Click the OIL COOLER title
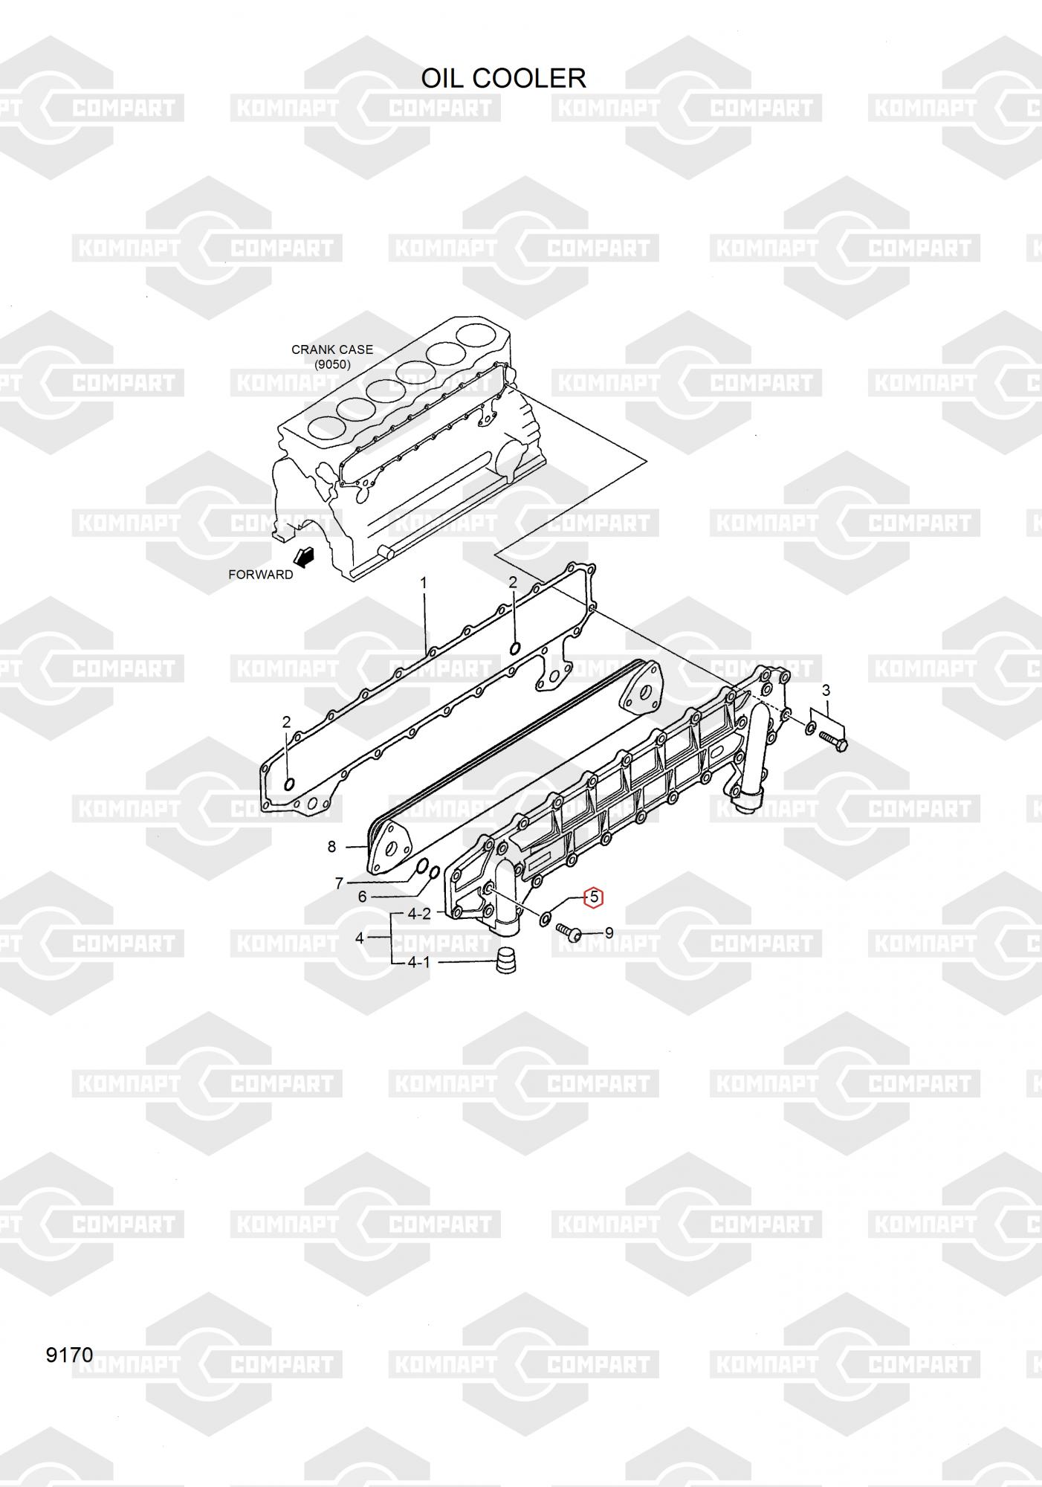pos(503,78)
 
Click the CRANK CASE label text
pos(331,349)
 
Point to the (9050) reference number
pos(332,364)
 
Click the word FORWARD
pos(260,574)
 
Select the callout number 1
pos(424,583)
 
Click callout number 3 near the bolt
pos(826,691)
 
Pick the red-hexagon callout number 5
pos(594,897)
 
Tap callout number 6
pos(362,897)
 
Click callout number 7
pos(339,883)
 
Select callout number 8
pos(331,846)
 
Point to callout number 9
pos(609,932)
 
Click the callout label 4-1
pos(418,962)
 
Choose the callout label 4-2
pos(419,914)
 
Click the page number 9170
pos(70,1355)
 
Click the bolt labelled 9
pos(570,932)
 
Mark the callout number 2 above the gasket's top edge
pos(513,582)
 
